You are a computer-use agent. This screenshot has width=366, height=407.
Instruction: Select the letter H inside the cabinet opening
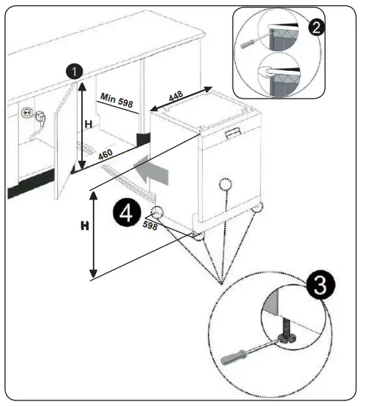tap(88, 125)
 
